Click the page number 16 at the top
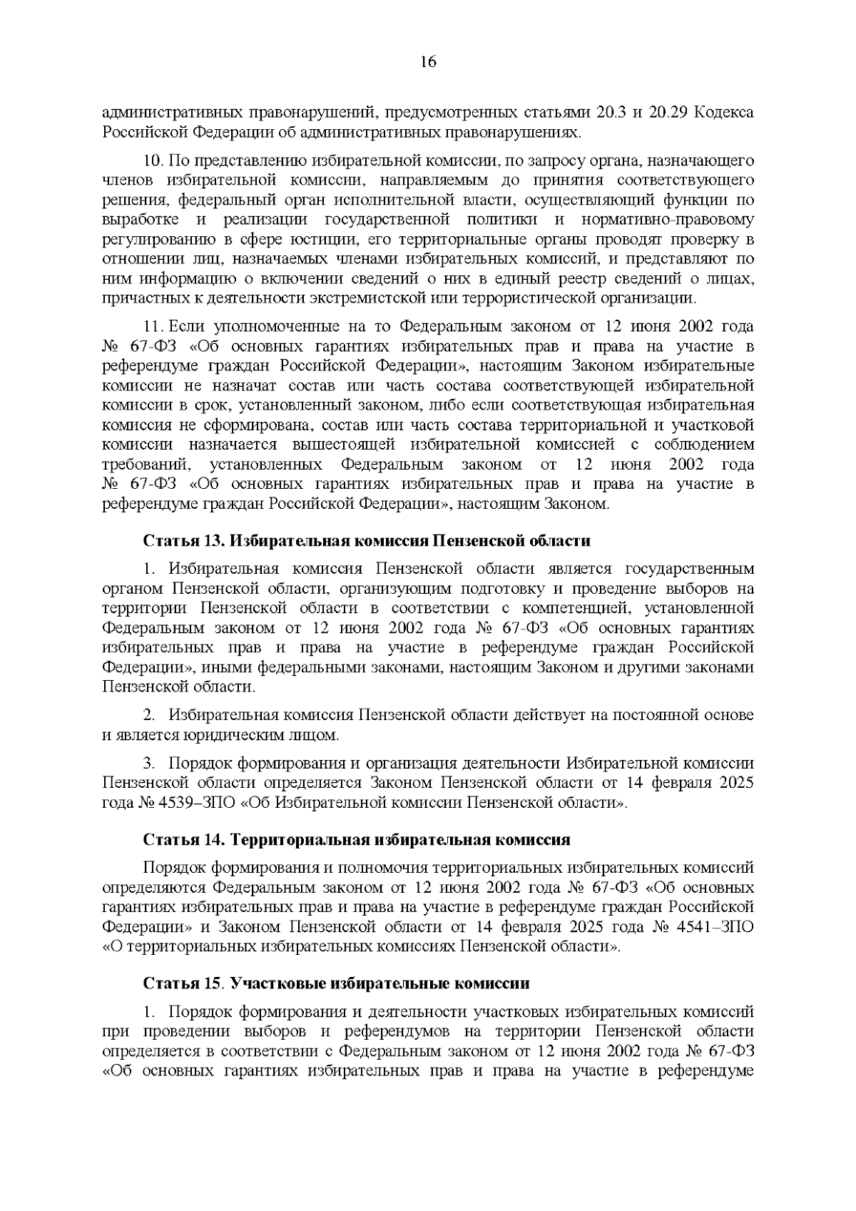428,61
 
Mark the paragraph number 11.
153,327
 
